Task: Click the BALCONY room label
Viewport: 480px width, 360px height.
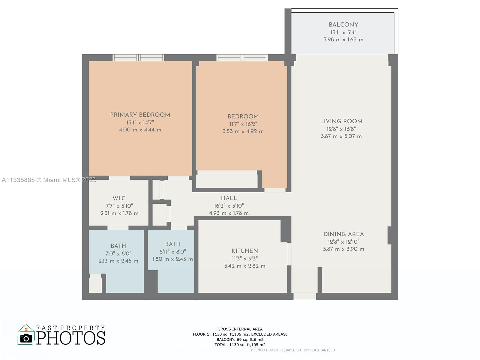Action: (343, 25)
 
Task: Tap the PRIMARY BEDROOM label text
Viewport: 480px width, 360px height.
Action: (140, 115)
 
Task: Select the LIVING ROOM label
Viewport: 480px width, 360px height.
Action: (341, 121)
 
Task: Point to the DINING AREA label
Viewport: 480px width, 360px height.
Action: (343, 234)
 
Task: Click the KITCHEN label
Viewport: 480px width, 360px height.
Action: (244, 251)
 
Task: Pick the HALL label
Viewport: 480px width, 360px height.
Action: (229, 198)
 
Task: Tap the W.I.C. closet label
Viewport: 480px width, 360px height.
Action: (119, 198)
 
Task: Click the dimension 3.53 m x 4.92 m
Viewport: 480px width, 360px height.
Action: (243, 131)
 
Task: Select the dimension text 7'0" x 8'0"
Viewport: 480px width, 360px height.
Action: (118, 253)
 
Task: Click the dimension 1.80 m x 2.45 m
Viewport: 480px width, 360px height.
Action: (172, 259)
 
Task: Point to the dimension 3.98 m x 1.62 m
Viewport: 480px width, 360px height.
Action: (343, 40)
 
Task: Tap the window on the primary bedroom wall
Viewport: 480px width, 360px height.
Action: (138, 58)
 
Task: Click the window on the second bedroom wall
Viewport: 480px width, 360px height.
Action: (242, 58)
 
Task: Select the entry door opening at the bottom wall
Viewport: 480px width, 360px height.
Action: (304, 296)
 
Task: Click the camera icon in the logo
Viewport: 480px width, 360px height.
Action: (26, 338)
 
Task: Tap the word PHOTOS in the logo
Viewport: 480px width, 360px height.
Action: (71, 338)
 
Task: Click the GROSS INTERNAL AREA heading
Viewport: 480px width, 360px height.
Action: (240, 329)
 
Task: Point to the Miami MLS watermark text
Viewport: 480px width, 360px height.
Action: (49, 180)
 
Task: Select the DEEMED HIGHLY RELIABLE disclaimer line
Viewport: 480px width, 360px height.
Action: (293, 350)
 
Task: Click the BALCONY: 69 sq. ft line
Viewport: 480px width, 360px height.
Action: (240, 340)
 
